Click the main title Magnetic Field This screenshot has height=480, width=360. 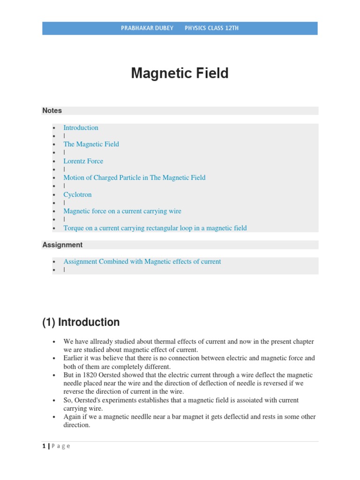tap(180, 73)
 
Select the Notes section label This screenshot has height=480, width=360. tap(52, 111)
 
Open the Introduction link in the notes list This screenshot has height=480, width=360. tap(81, 127)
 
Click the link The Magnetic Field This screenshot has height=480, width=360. tap(91, 144)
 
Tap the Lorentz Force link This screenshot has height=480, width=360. tap(83, 161)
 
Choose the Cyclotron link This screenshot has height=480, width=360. tap(77, 195)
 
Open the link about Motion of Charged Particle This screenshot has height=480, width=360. tap(134, 178)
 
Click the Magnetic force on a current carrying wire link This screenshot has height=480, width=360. tap(122, 211)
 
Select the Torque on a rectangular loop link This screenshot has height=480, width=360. tap(155, 228)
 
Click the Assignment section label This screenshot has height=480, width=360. tap(62, 245)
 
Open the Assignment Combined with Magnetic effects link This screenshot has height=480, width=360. tap(142, 262)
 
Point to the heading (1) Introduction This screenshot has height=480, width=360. tap(81, 322)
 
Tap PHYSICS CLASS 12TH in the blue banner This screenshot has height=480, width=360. tap(211, 28)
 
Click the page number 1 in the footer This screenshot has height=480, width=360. tap(44, 446)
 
